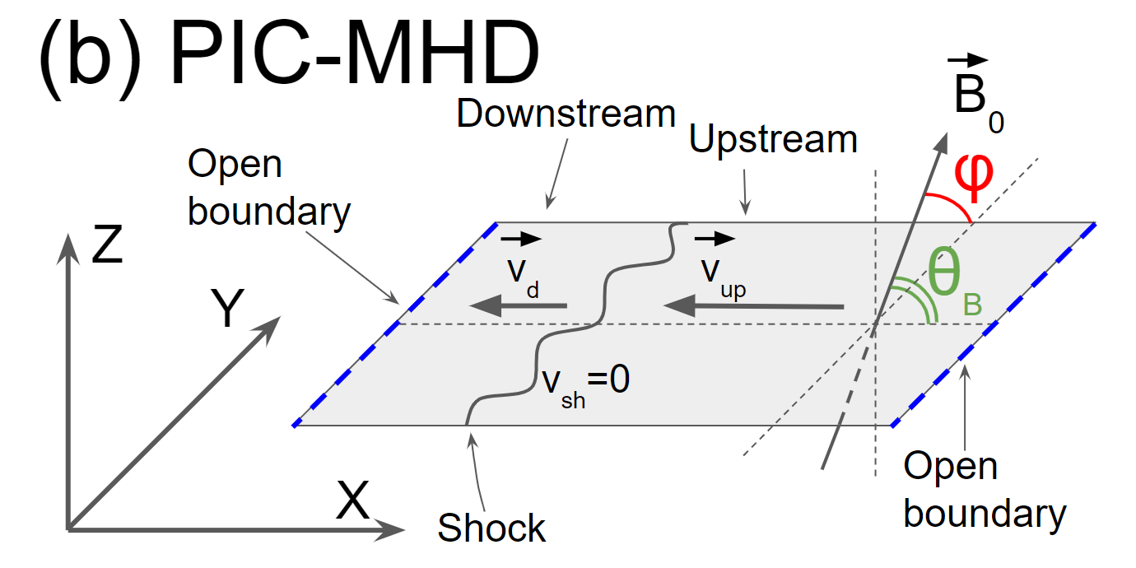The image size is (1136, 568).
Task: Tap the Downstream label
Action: click(566, 114)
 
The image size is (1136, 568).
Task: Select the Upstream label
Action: click(773, 141)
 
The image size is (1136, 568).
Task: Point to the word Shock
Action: click(491, 528)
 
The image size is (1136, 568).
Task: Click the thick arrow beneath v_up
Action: click(754, 307)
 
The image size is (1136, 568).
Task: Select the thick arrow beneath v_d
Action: click(518, 306)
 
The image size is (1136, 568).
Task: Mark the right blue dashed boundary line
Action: click(993, 324)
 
